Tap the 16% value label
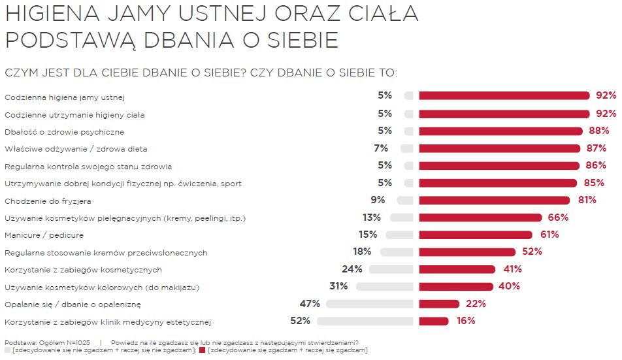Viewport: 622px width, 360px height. (466, 321)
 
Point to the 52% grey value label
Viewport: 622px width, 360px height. (300, 321)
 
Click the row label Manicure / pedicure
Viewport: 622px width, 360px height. (44, 235)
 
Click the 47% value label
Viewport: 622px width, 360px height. (310, 304)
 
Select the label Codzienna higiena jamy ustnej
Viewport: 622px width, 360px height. (65, 97)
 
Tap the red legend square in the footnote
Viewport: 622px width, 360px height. (203, 351)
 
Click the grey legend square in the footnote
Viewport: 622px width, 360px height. (7, 351)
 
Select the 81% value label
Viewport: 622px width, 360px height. (586, 200)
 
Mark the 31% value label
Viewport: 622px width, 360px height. (338, 286)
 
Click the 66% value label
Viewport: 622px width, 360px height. (558, 218)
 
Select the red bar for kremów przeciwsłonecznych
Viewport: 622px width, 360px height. (467, 252)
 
